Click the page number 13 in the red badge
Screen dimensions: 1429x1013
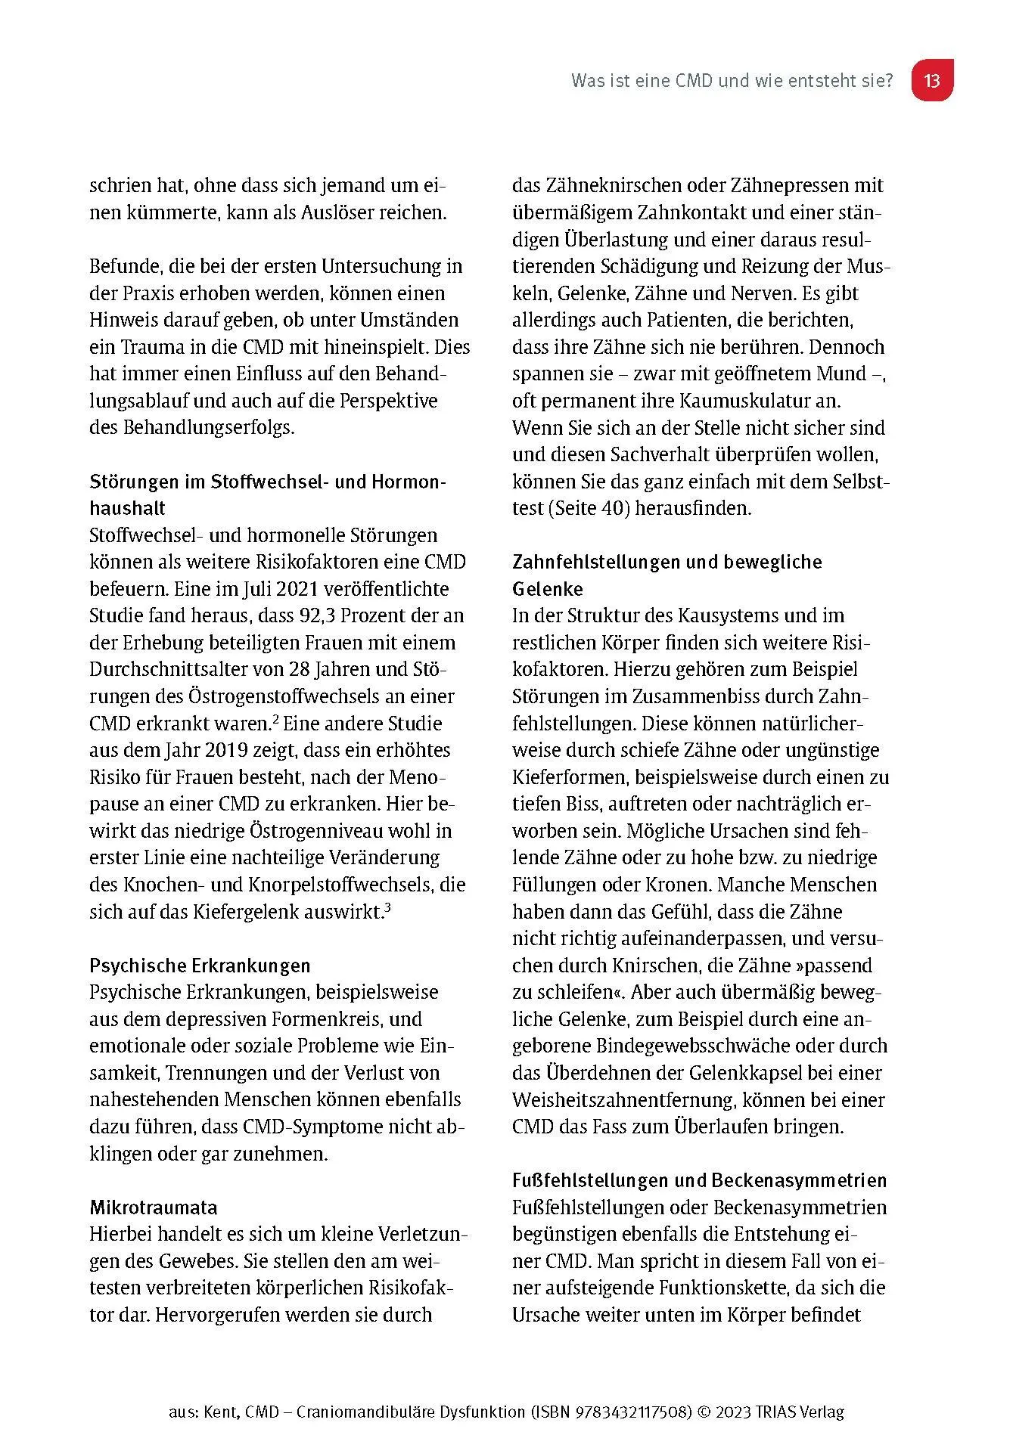(931, 80)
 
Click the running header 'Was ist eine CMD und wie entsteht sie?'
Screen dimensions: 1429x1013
(732, 80)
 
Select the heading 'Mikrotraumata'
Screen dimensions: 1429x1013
(154, 1207)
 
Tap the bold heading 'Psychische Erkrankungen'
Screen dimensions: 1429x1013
(200, 966)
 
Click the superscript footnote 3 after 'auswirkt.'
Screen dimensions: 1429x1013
(387, 907)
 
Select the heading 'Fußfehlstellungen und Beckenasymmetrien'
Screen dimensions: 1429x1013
(699, 1180)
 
